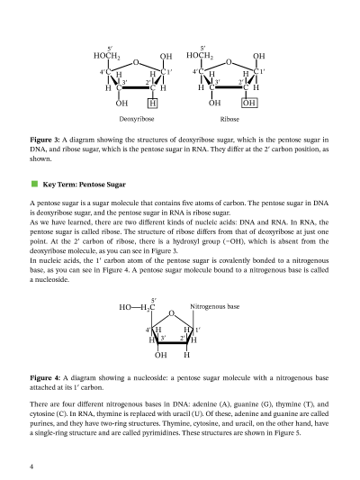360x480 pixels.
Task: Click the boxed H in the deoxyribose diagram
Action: click(x=153, y=103)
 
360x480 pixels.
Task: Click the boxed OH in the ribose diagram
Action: click(x=248, y=103)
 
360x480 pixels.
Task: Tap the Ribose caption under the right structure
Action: click(x=229, y=119)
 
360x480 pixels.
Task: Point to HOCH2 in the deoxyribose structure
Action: click(x=110, y=55)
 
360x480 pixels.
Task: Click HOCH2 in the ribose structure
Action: click(x=202, y=55)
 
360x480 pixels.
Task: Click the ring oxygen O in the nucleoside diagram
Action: click(x=171, y=313)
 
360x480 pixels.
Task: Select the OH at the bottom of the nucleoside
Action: click(x=160, y=355)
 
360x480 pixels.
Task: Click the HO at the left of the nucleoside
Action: click(x=125, y=308)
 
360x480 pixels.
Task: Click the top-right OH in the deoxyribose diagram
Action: click(x=166, y=56)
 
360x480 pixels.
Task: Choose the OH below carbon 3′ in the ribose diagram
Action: click(x=214, y=103)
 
